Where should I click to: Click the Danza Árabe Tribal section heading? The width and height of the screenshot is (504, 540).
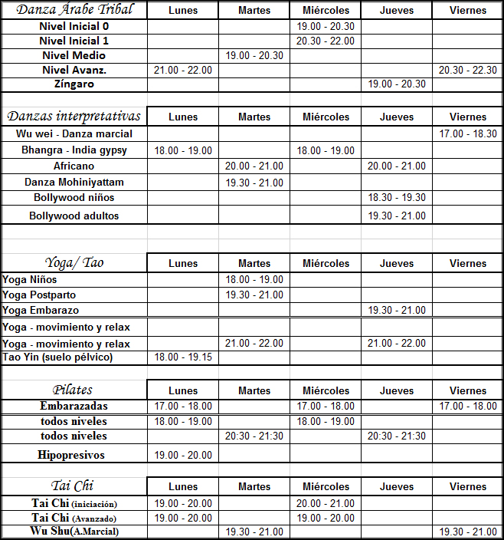point(74,10)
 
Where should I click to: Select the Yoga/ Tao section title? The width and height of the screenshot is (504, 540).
point(74,262)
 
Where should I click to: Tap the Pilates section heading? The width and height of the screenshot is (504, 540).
point(74,390)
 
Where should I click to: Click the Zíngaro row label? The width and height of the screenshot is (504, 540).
point(74,84)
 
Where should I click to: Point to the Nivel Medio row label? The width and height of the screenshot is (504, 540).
point(74,55)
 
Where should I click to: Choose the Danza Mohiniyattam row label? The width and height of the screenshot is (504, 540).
point(74,183)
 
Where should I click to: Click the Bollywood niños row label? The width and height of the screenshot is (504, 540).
point(74,198)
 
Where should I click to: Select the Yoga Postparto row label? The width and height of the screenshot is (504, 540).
point(39,295)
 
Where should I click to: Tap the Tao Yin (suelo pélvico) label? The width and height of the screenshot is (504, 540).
point(57,357)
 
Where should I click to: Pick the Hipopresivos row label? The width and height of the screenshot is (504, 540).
point(71,455)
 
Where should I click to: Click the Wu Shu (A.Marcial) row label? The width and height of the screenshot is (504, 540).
point(74,531)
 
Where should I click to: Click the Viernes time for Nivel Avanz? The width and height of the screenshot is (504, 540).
point(468,70)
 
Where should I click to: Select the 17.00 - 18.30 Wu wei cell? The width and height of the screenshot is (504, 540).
point(468,134)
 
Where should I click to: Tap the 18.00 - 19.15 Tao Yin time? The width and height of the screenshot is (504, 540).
point(183,357)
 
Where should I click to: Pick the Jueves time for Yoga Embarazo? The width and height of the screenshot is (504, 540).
point(397,311)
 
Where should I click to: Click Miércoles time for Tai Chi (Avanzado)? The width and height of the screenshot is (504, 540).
point(326,518)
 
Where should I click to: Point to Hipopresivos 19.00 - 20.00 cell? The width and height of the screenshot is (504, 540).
point(183,455)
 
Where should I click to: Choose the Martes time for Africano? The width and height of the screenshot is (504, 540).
point(254,166)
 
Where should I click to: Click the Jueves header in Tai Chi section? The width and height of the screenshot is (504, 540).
point(397,486)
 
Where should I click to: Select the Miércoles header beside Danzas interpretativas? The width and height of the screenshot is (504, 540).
point(326,117)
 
